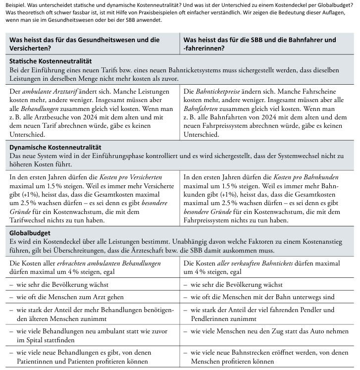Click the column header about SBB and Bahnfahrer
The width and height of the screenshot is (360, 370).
pos(259,44)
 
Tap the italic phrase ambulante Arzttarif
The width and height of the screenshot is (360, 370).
pos(47,92)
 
